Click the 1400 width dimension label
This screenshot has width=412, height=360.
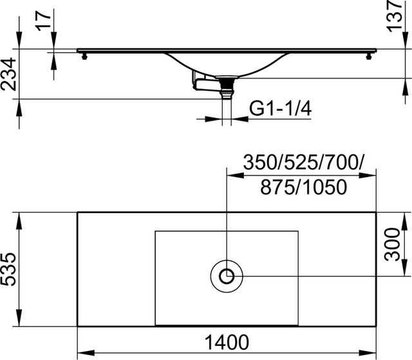coord(226,343)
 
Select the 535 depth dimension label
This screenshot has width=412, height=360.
coord(8,269)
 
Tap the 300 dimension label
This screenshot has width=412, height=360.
coord(392,245)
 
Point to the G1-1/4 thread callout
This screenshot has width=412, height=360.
coord(280,109)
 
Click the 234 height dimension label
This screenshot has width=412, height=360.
coord(8,74)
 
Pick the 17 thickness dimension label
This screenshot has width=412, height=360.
coord(44,21)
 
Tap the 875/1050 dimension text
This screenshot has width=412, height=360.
coord(303,187)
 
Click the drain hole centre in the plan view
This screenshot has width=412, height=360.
coord(227,276)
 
